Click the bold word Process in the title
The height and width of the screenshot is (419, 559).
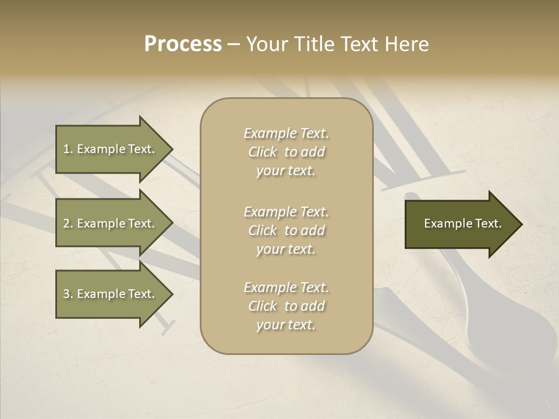(x=183, y=44)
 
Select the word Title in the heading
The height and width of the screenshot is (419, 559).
(x=314, y=44)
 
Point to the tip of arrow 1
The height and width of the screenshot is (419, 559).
(x=171, y=149)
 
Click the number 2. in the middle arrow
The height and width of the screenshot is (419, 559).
(x=68, y=223)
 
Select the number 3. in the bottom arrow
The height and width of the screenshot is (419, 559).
(x=68, y=294)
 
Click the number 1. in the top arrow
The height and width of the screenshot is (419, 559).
(x=68, y=149)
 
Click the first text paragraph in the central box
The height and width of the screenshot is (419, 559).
(x=286, y=152)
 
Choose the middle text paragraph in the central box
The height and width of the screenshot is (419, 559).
(x=286, y=230)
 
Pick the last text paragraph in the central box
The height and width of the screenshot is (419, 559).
(x=286, y=306)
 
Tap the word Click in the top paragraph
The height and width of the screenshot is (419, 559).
(x=263, y=152)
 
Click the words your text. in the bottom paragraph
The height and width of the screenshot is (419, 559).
(x=286, y=325)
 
